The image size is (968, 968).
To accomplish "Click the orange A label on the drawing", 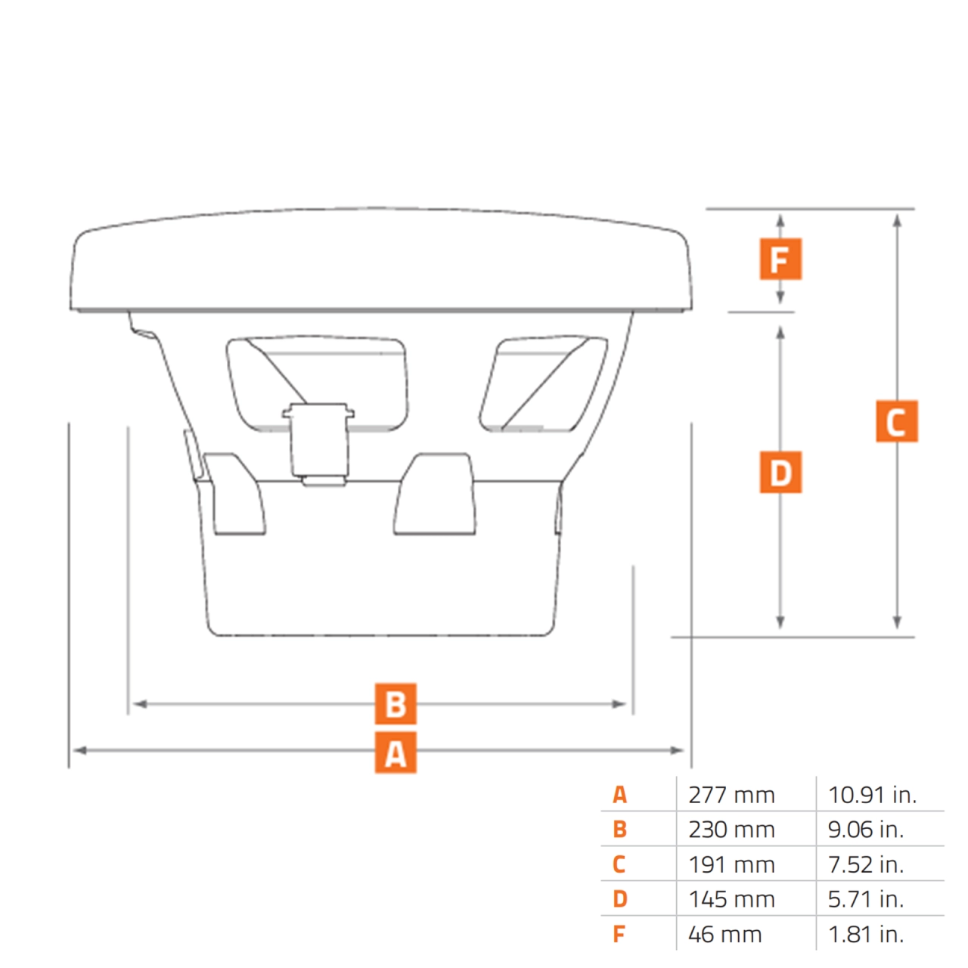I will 396,752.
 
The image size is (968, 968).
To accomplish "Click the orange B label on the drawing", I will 396,704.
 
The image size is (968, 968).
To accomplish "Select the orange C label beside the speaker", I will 896,421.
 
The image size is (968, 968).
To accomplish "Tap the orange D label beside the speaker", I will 780,473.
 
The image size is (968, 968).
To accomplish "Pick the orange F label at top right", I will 780,259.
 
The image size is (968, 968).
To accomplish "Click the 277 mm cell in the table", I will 731,795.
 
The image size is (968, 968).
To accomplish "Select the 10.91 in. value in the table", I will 872,795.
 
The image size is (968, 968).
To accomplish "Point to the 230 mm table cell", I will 731,830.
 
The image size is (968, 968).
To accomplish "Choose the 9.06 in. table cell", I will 866,830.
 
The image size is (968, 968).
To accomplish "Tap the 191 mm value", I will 731,864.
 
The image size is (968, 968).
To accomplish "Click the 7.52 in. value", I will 866,864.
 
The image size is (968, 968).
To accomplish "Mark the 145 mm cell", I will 731,899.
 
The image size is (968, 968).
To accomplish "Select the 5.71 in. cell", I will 866,899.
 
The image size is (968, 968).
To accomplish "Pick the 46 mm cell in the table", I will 724,934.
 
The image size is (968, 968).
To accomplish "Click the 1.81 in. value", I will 866,934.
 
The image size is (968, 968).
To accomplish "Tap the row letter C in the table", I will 619,864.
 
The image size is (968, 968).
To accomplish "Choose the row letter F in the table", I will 619,934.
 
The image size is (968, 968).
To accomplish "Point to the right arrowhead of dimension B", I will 619,704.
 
